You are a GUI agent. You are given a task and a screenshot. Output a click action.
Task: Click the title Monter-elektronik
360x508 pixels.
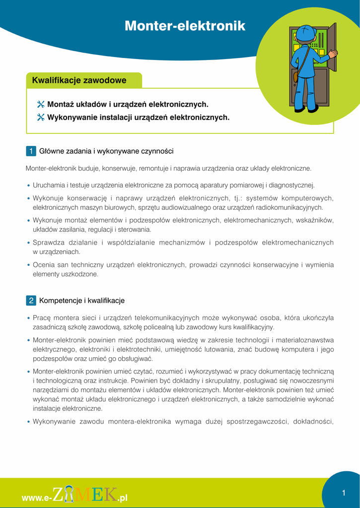point(185,26)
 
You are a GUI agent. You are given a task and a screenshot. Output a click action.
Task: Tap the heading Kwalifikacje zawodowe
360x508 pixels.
point(79,80)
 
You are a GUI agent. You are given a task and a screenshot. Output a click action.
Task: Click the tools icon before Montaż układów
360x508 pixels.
point(41,105)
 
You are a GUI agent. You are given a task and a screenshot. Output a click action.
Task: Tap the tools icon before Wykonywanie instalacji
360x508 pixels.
point(41,118)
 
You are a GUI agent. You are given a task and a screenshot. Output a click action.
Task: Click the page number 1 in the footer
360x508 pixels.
point(343,493)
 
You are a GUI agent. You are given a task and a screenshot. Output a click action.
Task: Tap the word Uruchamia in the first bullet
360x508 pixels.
point(48,186)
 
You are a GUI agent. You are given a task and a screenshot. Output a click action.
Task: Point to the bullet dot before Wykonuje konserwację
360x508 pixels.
point(29,198)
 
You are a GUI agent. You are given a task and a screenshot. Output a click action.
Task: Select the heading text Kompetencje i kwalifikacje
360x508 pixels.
point(82,301)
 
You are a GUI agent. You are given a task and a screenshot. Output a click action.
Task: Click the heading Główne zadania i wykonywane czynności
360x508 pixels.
point(106,151)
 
